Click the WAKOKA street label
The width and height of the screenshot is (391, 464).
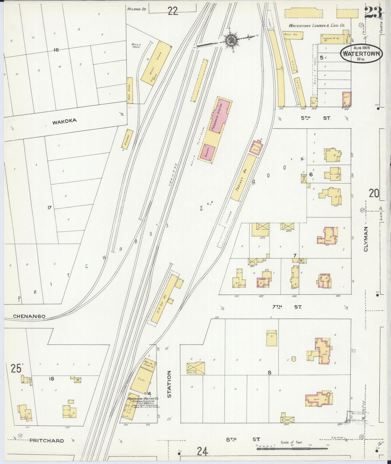click(65, 122)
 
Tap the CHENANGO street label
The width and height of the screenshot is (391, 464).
click(29, 316)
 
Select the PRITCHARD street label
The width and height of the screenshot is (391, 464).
click(47, 440)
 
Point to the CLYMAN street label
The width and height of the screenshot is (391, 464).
click(366, 239)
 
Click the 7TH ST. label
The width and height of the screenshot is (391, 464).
click(287, 307)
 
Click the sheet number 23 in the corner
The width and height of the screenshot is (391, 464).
click(373, 12)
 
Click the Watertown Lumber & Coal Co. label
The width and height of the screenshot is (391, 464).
click(317, 26)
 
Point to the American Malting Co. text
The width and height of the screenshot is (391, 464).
click(143, 399)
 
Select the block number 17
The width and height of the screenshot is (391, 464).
click(49, 208)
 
